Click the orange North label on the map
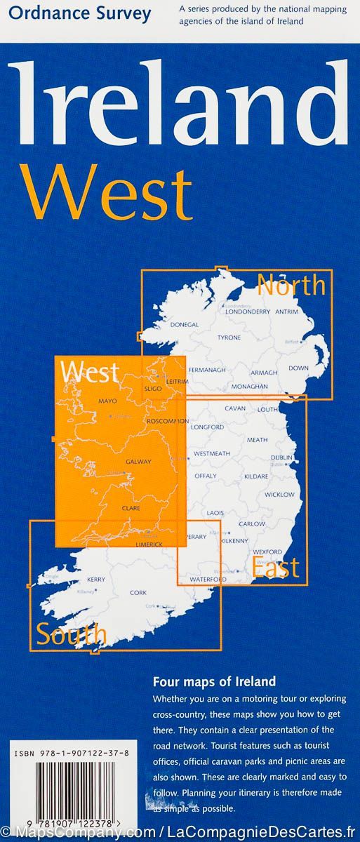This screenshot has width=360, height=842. [x=291, y=286]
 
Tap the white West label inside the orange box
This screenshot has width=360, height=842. [x=90, y=372]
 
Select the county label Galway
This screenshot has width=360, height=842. [x=138, y=462]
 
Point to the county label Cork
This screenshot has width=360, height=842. [x=138, y=593]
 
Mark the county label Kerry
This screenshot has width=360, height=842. [x=96, y=579]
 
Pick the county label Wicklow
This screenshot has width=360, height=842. [x=279, y=494]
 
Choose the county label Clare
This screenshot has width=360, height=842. [x=131, y=507]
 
